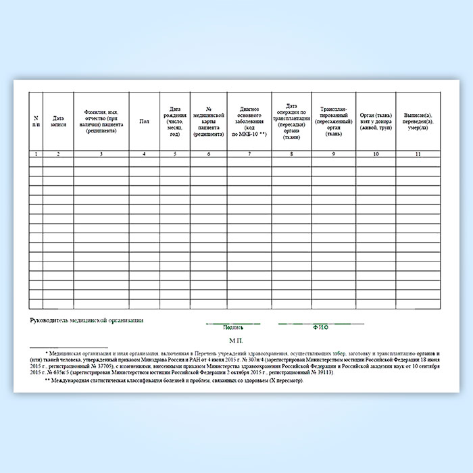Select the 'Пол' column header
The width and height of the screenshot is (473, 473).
click(144, 121)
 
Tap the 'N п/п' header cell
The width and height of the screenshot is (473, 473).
click(36, 122)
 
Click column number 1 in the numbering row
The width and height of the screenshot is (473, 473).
click(36, 155)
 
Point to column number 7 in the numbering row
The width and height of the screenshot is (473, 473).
click(249, 155)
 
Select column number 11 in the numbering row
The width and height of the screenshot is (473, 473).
click(418, 155)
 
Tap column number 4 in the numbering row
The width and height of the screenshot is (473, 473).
click(144, 155)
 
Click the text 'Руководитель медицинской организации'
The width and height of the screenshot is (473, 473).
click(87, 319)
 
